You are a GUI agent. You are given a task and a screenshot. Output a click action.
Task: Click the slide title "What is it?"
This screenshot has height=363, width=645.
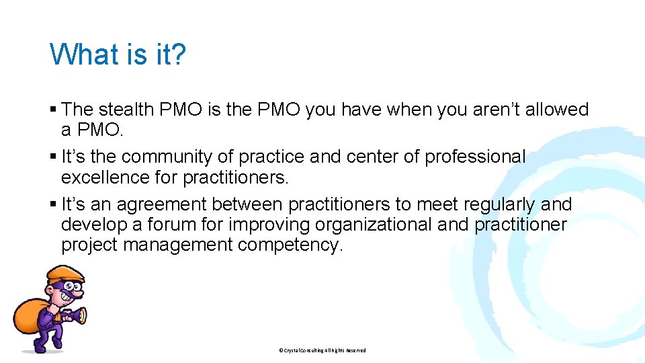click(x=118, y=54)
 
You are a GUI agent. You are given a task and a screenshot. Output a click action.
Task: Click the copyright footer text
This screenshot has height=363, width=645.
click(x=322, y=350)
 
